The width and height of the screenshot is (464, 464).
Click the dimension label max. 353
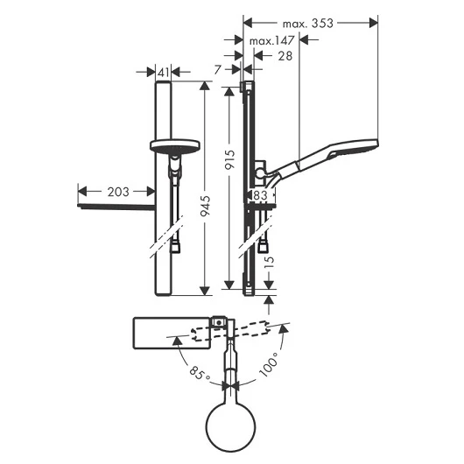[x=308, y=24]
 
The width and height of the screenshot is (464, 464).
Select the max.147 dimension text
[x=272, y=40]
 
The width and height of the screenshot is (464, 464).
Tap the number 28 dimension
[x=285, y=56]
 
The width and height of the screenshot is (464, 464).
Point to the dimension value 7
[x=218, y=70]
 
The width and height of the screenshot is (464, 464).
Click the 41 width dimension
[x=164, y=73]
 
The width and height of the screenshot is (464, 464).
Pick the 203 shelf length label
[x=118, y=192]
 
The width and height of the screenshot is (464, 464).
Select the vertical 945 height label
[x=205, y=206]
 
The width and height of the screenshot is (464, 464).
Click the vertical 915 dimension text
[x=229, y=160]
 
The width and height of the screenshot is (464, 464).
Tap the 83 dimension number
[x=260, y=195]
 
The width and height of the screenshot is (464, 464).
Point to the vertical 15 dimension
[x=269, y=262]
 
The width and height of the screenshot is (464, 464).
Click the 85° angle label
[x=200, y=374]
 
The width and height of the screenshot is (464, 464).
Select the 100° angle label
[x=269, y=364]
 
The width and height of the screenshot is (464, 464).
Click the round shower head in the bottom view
[x=231, y=427]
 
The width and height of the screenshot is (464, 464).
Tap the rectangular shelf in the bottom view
[x=172, y=334]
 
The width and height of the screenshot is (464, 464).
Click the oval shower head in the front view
[x=175, y=146]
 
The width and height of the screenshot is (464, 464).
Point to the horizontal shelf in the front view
[x=116, y=207]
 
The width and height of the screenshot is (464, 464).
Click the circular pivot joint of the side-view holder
[x=260, y=173]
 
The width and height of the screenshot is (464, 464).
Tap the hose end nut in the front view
[x=175, y=247]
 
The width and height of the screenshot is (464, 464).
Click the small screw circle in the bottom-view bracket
[x=218, y=322]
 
